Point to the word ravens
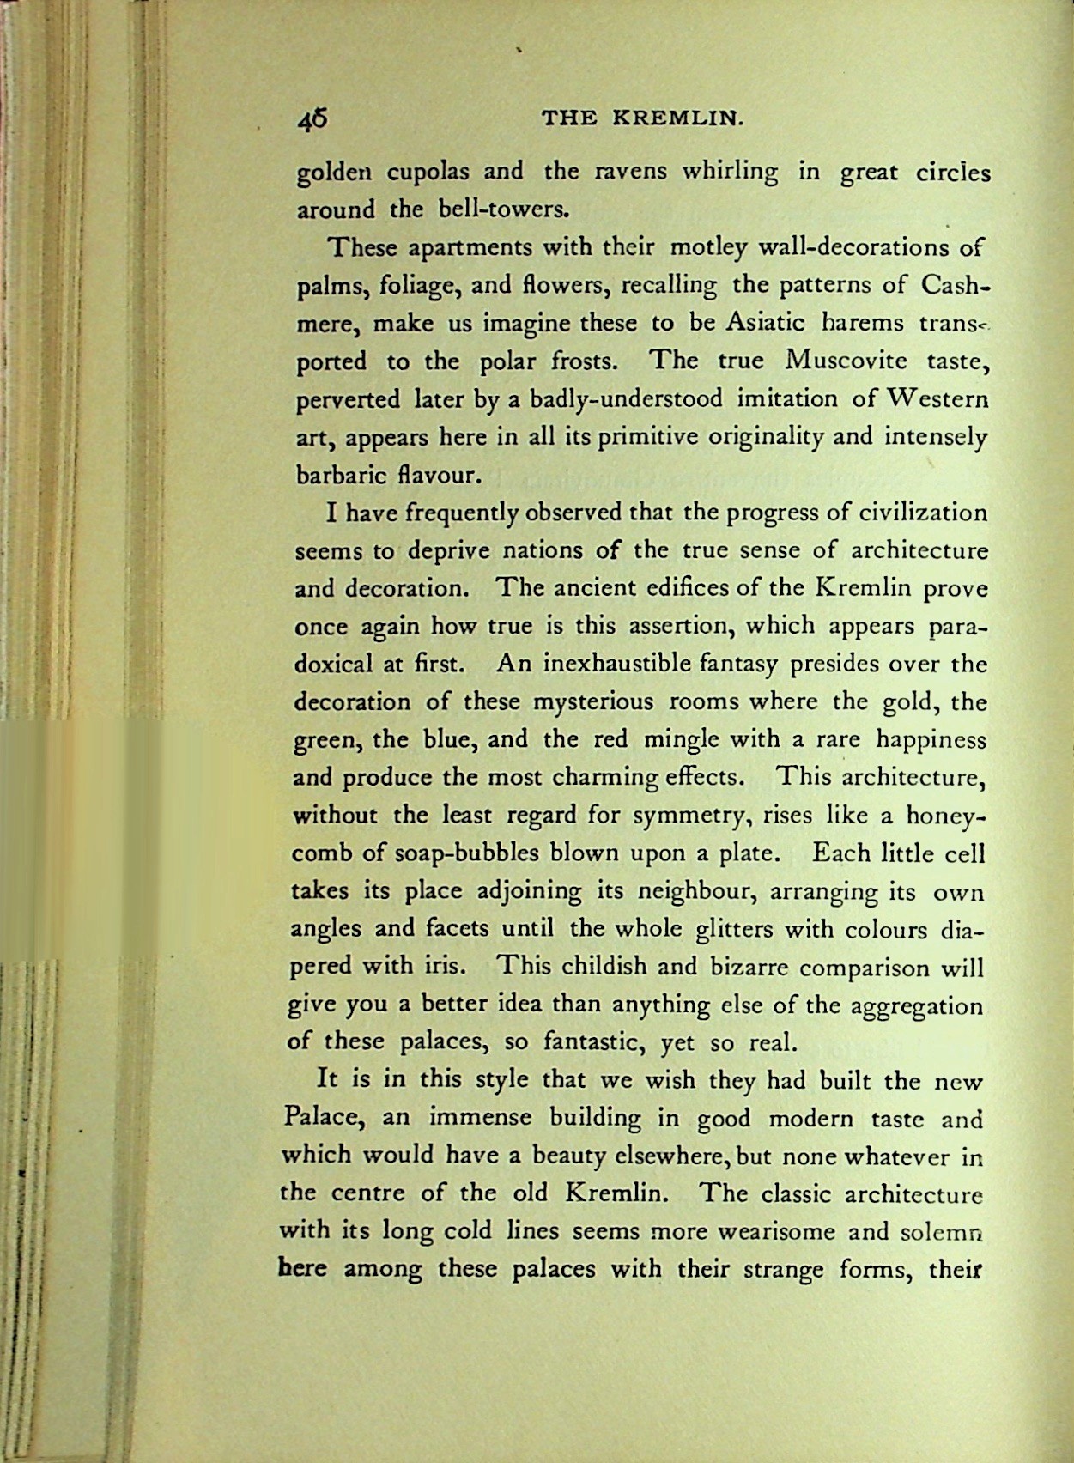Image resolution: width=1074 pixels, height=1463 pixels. point(630,172)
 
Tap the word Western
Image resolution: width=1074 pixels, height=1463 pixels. point(938,399)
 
